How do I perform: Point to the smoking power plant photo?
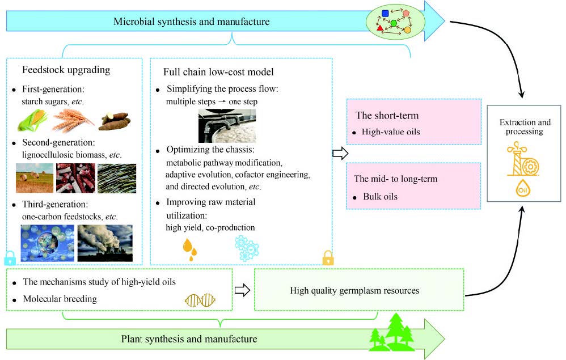coord(104,242)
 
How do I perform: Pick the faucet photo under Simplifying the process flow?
coord(227,125)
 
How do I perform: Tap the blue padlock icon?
coord(10,259)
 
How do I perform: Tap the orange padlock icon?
coord(328,259)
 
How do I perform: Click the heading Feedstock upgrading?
coord(66,70)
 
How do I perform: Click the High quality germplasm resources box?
coord(358,291)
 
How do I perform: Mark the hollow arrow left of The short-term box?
coord(339,153)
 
